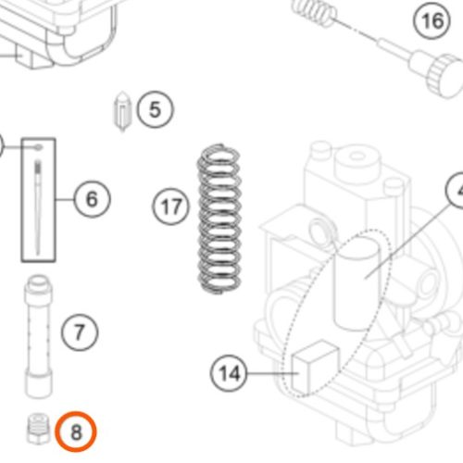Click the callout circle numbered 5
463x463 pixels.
[x=155, y=109]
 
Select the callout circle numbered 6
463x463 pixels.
[x=92, y=199]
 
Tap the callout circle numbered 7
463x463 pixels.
[x=80, y=332]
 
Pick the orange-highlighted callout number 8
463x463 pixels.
[x=76, y=432]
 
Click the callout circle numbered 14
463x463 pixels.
[x=229, y=373]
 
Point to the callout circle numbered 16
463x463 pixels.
[x=432, y=20]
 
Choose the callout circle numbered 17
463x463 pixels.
[x=170, y=206]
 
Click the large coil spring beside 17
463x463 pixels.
[x=219, y=219]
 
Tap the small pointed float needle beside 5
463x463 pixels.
[x=122, y=111]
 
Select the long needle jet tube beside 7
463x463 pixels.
[x=38, y=336]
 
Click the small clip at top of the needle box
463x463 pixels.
[x=39, y=147]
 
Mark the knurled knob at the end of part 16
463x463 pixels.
[x=444, y=76]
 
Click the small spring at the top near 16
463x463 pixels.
[x=313, y=12]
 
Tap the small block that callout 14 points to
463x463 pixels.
[x=315, y=368]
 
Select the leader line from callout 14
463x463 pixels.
[x=273, y=373]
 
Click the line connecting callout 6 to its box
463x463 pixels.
[x=65, y=199]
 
